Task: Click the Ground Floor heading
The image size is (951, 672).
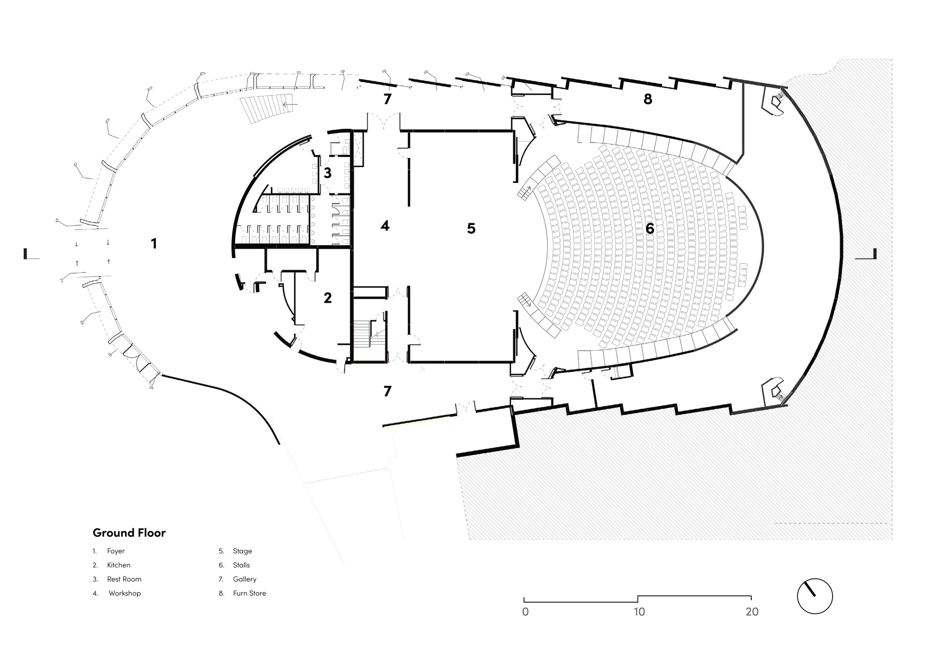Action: [129, 533]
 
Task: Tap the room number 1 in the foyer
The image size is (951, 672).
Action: [154, 244]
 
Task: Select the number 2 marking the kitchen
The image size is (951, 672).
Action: [328, 298]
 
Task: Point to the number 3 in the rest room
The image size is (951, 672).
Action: [328, 173]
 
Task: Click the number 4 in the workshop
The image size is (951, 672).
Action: [385, 226]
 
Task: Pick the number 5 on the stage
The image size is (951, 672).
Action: [471, 229]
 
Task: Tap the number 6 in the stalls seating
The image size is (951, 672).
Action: [650, 229]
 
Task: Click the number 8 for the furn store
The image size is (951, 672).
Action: [648, 99]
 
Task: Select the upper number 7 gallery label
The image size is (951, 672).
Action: [388, 99]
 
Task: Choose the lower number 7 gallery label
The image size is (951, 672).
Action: [388, 391]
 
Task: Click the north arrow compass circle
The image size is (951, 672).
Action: [815, 596]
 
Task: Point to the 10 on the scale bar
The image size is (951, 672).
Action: [639, 612]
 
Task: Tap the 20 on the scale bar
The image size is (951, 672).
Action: [752, 612]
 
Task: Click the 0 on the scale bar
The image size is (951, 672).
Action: [525, 612]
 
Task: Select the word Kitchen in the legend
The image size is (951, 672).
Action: [118, 565]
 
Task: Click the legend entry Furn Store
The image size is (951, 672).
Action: [249, 593]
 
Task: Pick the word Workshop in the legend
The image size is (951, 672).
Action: [125, 593]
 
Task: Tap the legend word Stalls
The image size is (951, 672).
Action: [241, 565]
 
